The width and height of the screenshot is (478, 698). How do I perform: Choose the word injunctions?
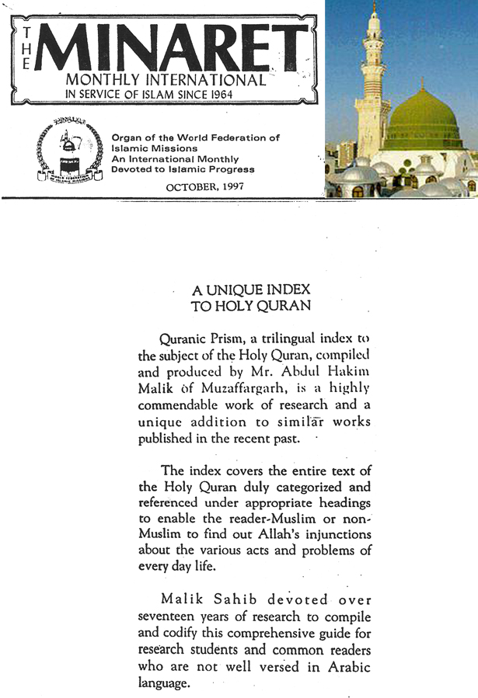(x=334, y=535)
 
